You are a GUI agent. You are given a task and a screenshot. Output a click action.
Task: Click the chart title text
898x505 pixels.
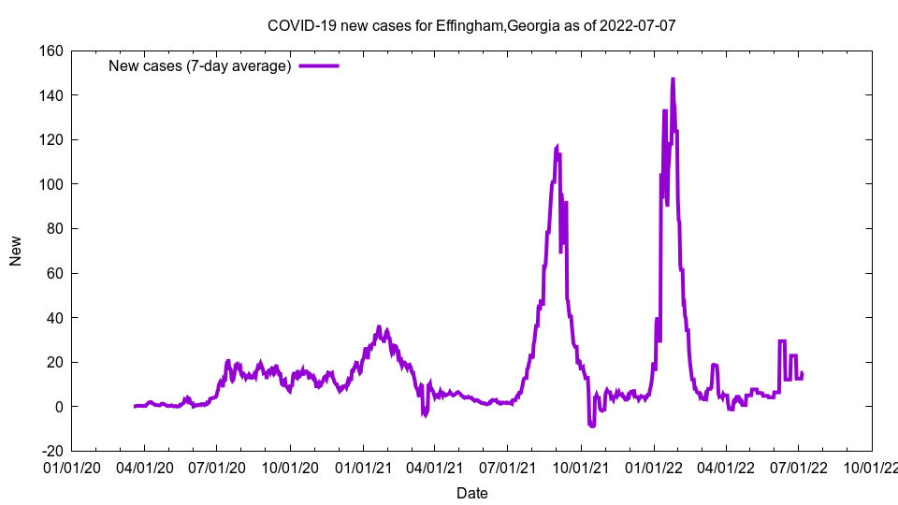pyautogui.click(x=471, y=25)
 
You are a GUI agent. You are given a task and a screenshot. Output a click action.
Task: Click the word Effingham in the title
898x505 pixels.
pyautogui.click(x=470, y=25)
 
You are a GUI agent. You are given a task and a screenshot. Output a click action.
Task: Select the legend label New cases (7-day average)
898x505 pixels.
pyautogui.click(x=200, y=65)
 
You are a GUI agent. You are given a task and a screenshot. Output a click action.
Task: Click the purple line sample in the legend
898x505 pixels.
pyautogui.click(x=318, y=65)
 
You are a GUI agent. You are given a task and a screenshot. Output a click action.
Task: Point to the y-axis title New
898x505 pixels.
pyautogui.click(x=16, y=251)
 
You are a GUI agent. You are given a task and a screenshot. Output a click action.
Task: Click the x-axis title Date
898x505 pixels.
pyautogui.click(x=471, y=493)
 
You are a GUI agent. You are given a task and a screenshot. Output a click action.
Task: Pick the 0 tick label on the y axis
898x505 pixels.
pyautogui.click(x=58, y=407)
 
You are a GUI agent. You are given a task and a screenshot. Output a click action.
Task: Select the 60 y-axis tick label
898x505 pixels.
pyautogui.click(x=53, y=273)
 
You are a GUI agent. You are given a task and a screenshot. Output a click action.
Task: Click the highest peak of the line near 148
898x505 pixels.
pyautogui.click(x=673, y=79)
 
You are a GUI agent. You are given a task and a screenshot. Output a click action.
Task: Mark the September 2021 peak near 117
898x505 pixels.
pyautogui.click(x=558, y=147)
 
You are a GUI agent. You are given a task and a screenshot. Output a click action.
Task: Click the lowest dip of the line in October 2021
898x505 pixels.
pyautogui.click(x=592, y=426)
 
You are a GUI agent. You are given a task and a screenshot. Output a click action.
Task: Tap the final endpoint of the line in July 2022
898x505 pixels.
pyautogui.click(x=802, y=373)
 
